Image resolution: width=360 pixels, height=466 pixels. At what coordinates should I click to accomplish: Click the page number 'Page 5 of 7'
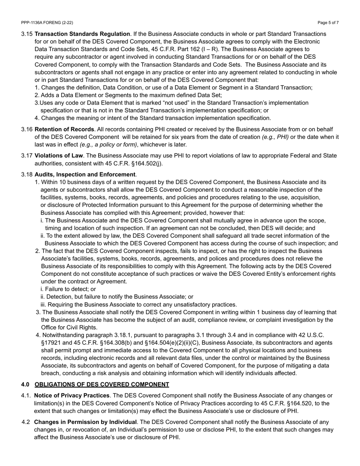click(x=328, y=23)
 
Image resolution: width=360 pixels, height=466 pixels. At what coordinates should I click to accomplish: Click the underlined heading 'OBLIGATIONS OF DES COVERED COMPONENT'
click(x=102, y=385)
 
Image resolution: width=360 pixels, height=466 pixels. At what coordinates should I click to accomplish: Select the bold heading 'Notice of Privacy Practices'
click(x=72, y=396)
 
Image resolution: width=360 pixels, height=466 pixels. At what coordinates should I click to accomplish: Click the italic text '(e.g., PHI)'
click(x=275, y=137)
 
